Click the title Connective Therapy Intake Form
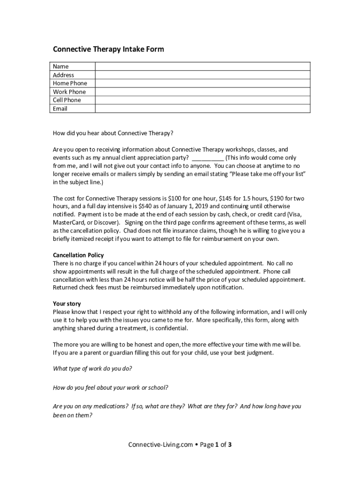(x=108, y=49)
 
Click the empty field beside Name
(x=202, y=66)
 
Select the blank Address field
(x=202, y=75)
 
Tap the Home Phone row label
(x=70, y=83)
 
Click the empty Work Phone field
(x=202, y=92)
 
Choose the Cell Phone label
(x=67, y=100)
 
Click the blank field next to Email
(x=202, y=109)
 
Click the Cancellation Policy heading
(x=78, y=255)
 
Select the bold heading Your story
(x=67, y=304)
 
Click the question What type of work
(x=93, y=369)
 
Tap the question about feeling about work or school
(x=111, y=388)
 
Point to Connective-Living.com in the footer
(x=160, y=445)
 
